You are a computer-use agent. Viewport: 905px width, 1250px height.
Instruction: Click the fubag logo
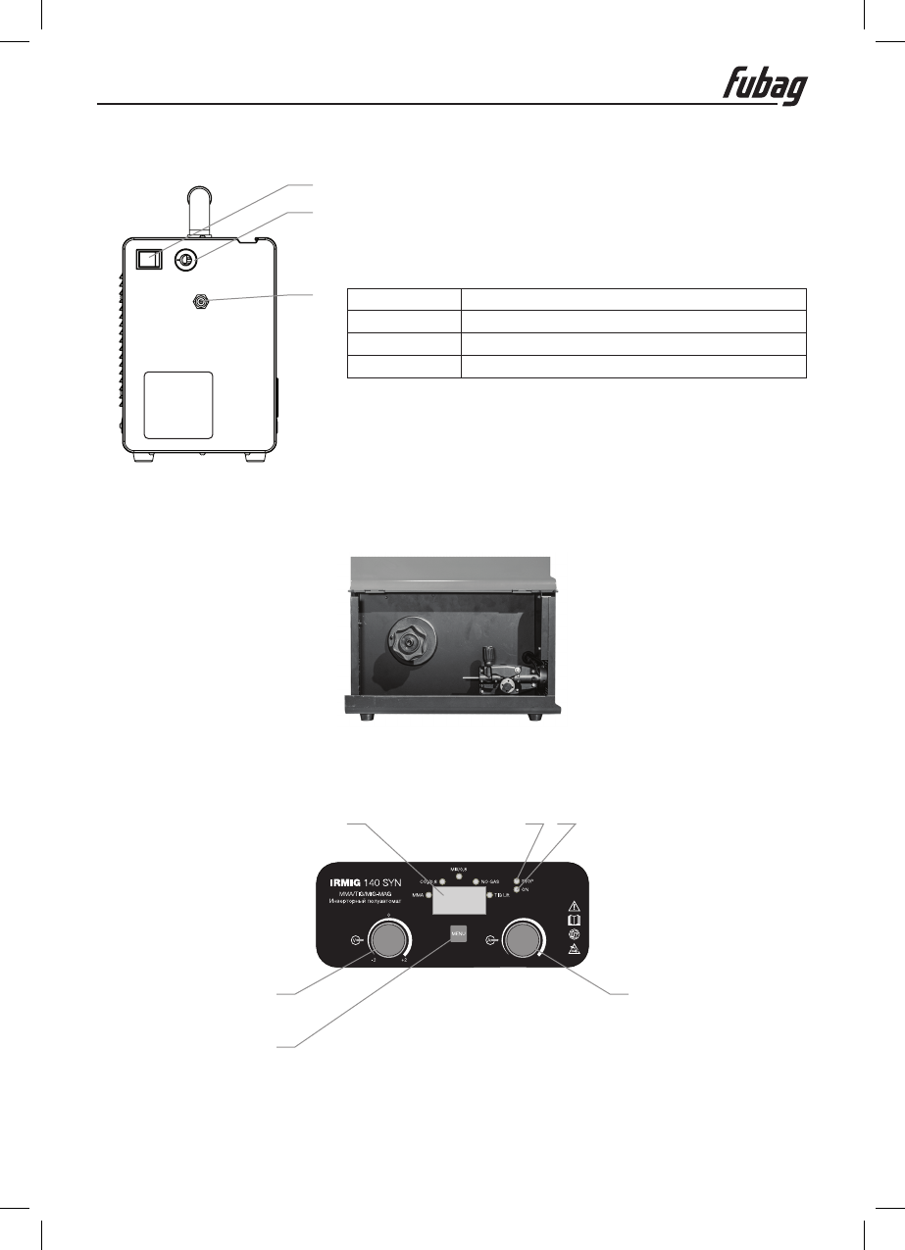(x=766, y=84)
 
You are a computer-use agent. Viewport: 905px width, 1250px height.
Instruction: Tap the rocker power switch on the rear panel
(x=148, y=259)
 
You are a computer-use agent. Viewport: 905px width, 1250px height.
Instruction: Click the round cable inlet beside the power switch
(x=185, y=260)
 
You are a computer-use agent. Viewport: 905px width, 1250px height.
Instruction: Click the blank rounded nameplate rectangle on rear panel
(x=178, y=405)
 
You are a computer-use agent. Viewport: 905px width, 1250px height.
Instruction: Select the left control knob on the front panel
(x=387, y=940)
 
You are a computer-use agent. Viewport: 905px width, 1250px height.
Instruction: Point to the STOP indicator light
(x=517, y=882)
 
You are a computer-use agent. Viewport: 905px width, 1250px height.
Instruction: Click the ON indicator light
(x=517, y=890)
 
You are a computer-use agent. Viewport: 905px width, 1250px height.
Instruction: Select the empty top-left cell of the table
(x=404, y=299)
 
